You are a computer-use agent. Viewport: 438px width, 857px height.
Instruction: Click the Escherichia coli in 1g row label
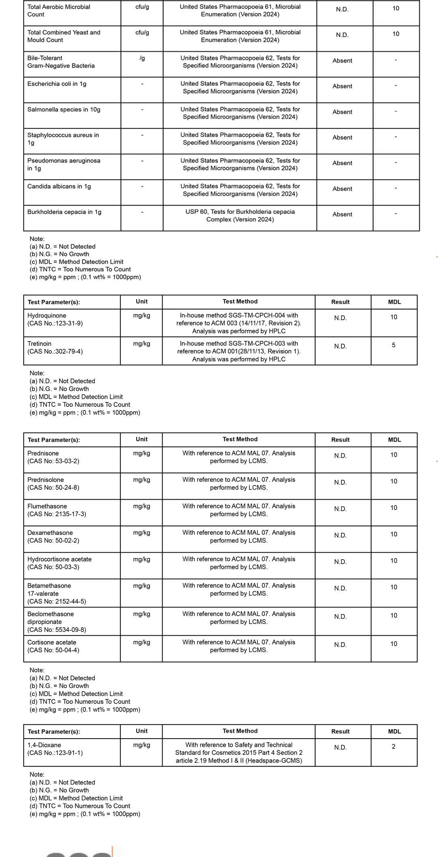point(57,84)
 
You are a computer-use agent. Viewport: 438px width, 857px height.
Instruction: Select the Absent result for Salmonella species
point(342,112)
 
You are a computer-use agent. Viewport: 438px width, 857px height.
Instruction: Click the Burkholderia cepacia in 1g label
point(64,212)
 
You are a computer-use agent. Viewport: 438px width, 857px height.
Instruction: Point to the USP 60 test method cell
point(240,216)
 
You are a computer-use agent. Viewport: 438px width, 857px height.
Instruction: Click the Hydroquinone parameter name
point(47,316)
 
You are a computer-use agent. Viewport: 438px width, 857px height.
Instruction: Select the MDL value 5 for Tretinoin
point(393,345)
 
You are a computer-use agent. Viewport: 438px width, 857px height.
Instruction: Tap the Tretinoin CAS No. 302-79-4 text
point(55,351)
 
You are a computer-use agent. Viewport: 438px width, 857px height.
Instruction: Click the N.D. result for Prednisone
point(340,456)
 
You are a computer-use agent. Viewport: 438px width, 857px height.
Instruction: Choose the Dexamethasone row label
point(50,533)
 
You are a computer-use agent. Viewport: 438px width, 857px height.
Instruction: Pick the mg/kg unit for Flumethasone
point(142,506)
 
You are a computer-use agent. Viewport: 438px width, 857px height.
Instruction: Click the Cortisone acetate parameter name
point(52,642)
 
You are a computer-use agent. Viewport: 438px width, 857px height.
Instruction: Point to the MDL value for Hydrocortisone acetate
point(393,561)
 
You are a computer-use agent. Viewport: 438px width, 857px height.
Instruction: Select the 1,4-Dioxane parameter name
point(44,745)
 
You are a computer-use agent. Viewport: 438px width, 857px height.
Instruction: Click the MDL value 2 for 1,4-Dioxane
point(393,746)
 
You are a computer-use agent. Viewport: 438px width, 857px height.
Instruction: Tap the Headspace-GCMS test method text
point(239,761)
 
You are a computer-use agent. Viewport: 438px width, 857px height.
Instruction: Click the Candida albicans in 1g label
point(59,186)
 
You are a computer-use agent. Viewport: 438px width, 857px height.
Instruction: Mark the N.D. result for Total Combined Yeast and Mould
point(342,35)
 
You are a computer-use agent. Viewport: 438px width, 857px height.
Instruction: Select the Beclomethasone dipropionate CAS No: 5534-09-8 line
point(57,630)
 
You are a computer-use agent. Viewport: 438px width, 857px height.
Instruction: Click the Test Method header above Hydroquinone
point(240,301)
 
